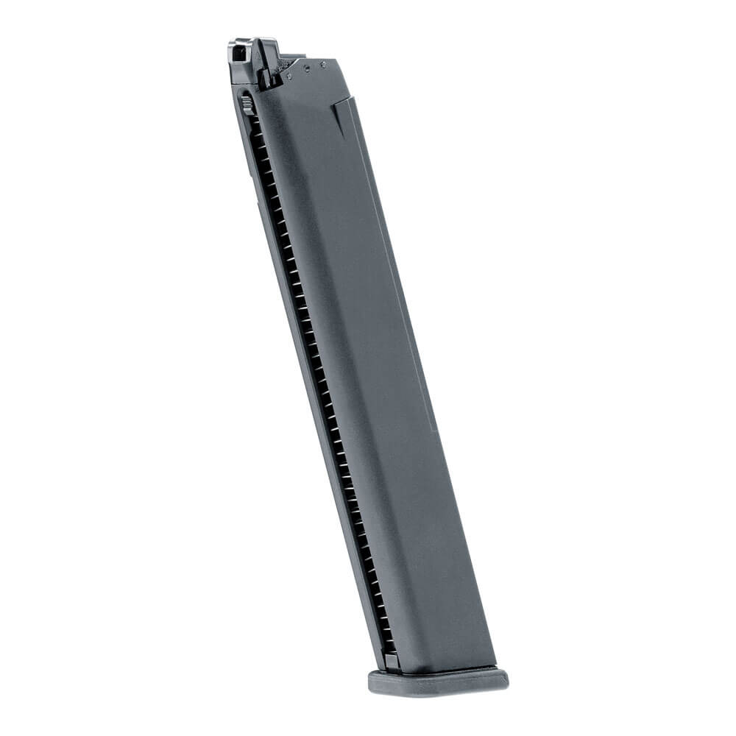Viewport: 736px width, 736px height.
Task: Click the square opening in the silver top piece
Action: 238,53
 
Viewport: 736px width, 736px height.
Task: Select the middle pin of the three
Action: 308,68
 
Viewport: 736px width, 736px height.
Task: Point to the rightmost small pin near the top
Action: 323,64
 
